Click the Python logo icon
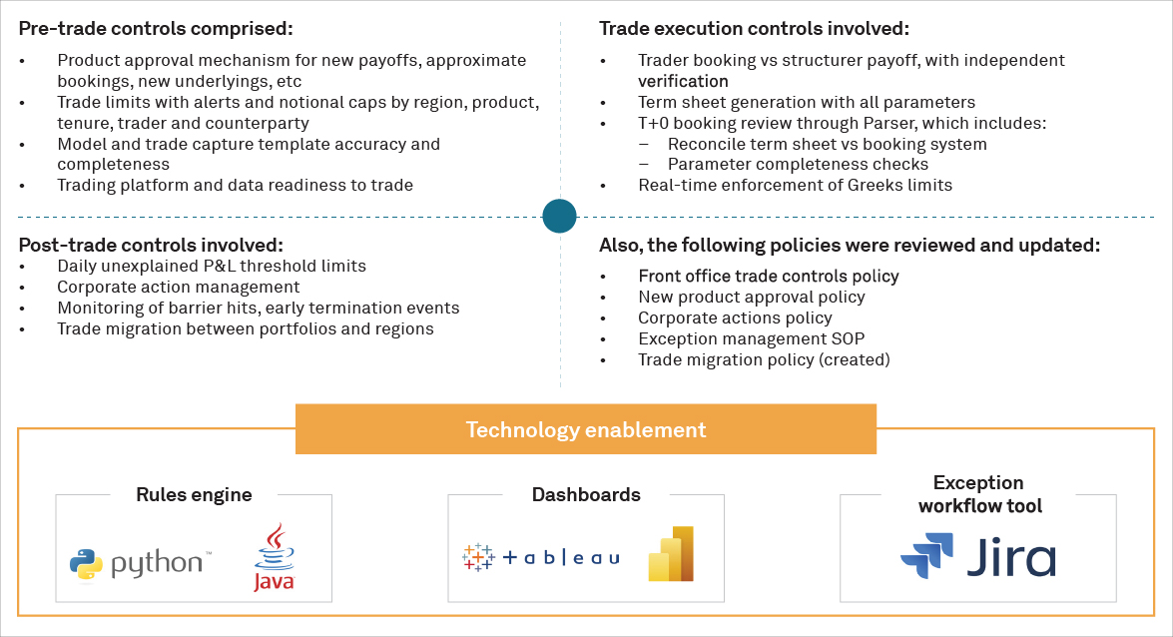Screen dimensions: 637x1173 (87, 564)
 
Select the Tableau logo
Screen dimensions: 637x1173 (541, 558)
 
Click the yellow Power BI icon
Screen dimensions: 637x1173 (671, 553)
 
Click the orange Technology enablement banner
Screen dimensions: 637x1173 (586, 430)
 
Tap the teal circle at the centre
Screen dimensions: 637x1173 (560, 216)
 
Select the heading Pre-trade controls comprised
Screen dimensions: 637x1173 (157, 29)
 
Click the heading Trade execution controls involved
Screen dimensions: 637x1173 (754, 29)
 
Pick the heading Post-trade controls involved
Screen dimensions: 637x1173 (151, 245)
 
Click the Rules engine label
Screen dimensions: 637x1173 (194, 494)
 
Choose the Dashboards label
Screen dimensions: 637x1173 (586, 494)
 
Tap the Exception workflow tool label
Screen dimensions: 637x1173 (979, 494)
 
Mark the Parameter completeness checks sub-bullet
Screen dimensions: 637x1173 (798, 164)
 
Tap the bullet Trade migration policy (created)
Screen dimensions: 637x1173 (764, 359)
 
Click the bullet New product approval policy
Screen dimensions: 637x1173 (751, 297)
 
